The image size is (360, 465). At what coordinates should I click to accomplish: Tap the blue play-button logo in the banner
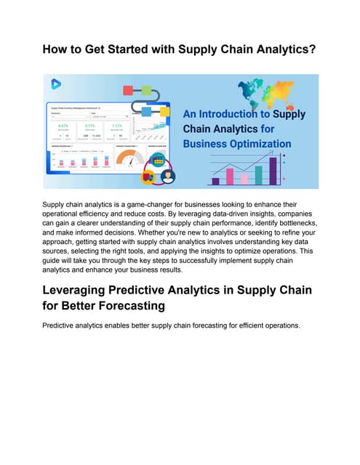coord(55,84)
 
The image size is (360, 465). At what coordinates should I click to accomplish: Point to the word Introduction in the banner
coord(233,115)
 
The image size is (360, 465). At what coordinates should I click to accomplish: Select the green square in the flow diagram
coord(146,91)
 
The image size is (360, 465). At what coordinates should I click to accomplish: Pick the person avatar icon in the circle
coord(167,176)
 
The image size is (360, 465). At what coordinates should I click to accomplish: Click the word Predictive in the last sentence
coord(63,325)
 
